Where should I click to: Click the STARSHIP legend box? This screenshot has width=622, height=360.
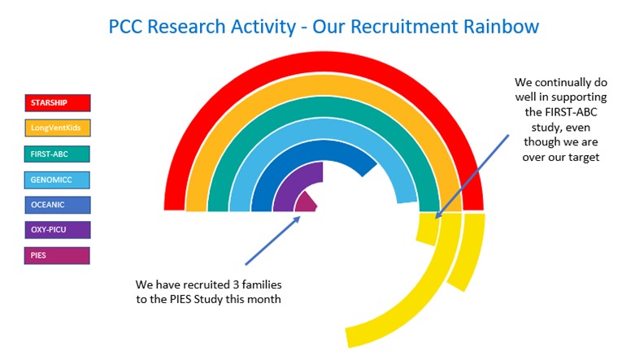(x=58, y=102)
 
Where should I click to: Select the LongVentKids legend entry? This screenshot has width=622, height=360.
(x=58, y=128)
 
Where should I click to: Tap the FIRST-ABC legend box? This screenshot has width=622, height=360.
(x=57, y=154)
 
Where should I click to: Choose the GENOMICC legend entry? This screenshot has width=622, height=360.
(x=57, y=180)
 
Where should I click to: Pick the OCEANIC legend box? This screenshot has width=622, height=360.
(x=58, y=205)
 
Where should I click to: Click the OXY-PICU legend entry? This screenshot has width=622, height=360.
(x=58, y=230)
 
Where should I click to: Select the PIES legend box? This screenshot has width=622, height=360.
(x=57, y=255)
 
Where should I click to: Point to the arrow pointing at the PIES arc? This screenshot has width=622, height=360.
(x=272, y=241)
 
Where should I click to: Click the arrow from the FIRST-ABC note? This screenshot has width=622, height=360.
(x=472, y=176)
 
